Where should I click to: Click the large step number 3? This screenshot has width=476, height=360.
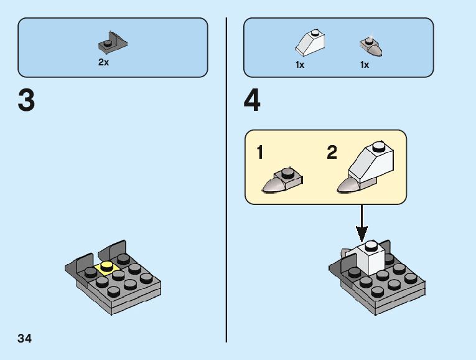pos(26,101)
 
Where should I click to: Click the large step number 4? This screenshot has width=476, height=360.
pos(252,101)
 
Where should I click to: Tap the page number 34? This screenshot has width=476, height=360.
pos(25,339)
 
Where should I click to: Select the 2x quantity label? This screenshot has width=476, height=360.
pos(103,62)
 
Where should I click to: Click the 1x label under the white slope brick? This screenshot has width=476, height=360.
pos(300,65)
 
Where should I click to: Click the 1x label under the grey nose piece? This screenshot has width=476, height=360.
pos(365,65)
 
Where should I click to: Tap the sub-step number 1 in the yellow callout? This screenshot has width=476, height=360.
pos(261,153)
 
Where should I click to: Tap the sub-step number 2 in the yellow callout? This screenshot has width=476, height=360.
pos(332,153)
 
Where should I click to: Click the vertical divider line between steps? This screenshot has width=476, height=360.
pos(226,181)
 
